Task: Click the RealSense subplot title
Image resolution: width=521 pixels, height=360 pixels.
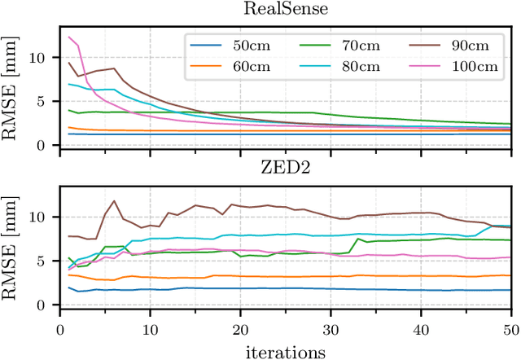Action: pos(285,10)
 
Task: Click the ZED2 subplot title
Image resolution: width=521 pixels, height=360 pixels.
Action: pos(285,169)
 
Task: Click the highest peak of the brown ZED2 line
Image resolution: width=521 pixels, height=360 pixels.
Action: pos(114,200)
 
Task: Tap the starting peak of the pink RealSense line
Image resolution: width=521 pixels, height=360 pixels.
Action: pos(70,37)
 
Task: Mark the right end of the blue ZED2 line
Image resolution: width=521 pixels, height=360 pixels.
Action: pos(510,290)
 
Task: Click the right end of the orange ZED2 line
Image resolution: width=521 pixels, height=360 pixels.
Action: pos(510,275)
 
